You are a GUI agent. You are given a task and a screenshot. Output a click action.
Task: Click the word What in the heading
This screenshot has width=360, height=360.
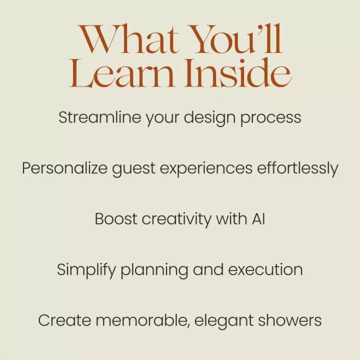click(128, 39)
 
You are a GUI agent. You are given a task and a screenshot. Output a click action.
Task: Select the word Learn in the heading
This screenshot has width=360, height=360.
click(121, 73)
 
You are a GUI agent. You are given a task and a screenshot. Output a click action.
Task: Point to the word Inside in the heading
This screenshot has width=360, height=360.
click(238, 73)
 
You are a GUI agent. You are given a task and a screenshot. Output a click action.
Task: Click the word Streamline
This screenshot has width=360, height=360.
click(100, 118)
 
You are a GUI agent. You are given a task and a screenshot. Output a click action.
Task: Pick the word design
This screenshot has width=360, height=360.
click(210, 119)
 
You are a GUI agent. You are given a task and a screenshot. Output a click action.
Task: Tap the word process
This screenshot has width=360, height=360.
click(271, 119)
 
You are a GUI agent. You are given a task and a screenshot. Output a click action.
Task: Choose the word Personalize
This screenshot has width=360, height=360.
click(65, 168)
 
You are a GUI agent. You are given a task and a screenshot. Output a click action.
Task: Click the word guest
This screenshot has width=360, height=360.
click(134, 169)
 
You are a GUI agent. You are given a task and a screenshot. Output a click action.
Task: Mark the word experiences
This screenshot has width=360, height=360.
click(206, 169)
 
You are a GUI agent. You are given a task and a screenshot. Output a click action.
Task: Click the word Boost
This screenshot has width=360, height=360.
click(116, 219)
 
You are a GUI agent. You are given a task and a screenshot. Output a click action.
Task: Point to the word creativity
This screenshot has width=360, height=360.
click(176, 220)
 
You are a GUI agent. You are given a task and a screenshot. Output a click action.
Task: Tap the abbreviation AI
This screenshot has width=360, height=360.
click(259, 219)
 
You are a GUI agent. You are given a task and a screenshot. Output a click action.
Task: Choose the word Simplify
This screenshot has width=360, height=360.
click(87, 271)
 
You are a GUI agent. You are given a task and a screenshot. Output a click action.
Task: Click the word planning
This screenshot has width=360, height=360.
click(154, 271)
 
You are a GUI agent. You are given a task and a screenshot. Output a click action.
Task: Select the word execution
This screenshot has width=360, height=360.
click(265, 269)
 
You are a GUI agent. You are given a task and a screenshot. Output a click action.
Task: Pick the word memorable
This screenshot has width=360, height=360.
click(143, 321)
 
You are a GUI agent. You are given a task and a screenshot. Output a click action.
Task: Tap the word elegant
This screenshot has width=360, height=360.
click(224, 321)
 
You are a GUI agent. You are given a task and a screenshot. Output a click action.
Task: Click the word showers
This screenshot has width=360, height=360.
click(290, 320)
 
